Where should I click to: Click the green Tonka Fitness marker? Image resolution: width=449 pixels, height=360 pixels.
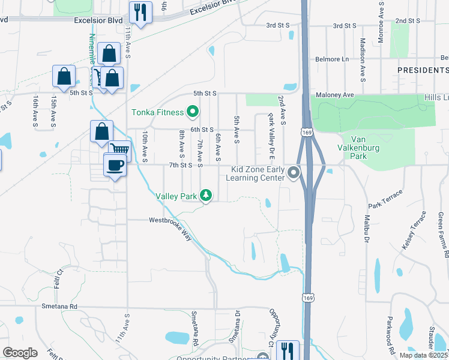(x=193, y=112)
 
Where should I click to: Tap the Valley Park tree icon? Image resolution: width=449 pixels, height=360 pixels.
(x=206, y=196)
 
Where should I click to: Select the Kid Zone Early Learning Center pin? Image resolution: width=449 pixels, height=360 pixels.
(x=294, y=173)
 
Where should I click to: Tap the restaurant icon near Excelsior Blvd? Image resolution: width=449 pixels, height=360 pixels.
(x=140, y=12)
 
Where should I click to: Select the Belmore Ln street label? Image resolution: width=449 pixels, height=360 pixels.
(x=332, y=59)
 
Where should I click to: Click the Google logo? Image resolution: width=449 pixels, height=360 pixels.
(x=20, y=353)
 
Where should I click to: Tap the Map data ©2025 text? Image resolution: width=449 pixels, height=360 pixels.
(x=423, y=355)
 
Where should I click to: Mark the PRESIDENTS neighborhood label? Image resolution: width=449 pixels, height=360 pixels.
(x=423, y=70)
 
